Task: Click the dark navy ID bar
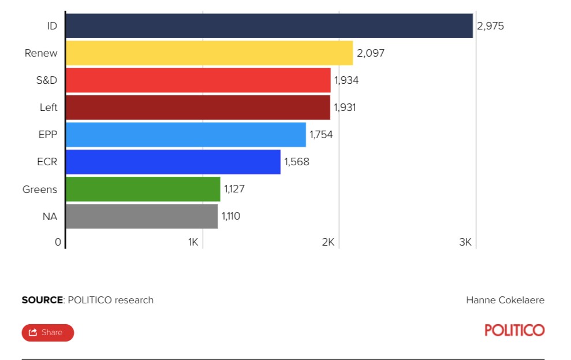click(x=269, y=26)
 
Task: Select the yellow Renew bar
click(x=209, y=53)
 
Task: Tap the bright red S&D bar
click(x=198, y=80)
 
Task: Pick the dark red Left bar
click(x=197, y=107)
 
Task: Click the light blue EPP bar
click(x=185, y=135)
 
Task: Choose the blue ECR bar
click(x=173, y=162)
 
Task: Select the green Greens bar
click(x=143, y=189)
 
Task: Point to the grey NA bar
click(x=141, y=216)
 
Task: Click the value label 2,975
click(x=490, y=26)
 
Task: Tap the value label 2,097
click(x=371, y=53)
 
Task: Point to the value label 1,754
click(x=321, y=135)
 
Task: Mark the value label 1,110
click(x=231, y=216)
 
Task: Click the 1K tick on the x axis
click(x=193, y=242)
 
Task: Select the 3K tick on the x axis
click(x=465, y=242)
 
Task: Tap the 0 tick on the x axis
click(x=58, y=242)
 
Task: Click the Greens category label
click(x=40, y=189)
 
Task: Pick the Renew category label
click(x=41, y=53)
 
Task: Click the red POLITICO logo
click(x=514, y=330)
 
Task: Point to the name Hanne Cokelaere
click(x=505, y=300)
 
